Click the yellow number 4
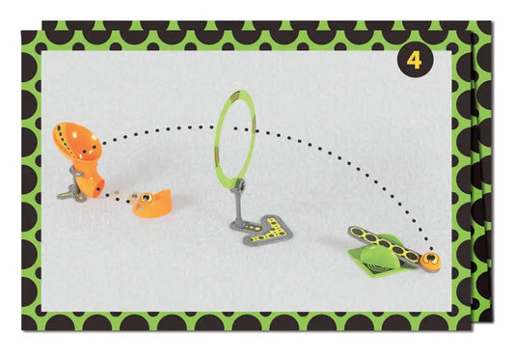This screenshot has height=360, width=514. pyautogui.click(x=414, y=60)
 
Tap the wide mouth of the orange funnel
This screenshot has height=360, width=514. pyautogui.click(x=77, y=141)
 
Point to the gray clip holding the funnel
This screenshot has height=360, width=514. pyautogui.click(x=76, y=175)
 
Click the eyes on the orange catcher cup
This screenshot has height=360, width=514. pyautogui.click(x=146, y=198)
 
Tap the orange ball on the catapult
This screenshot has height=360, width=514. pyautogui.click(x=430, y=260)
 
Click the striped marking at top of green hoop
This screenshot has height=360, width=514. pyautogui.click(x=234, y=96)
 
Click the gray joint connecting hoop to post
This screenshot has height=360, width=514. pyautogui.click(x=238, y=184)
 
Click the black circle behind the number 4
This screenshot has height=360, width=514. pyautogui.click(x=415, y=60)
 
